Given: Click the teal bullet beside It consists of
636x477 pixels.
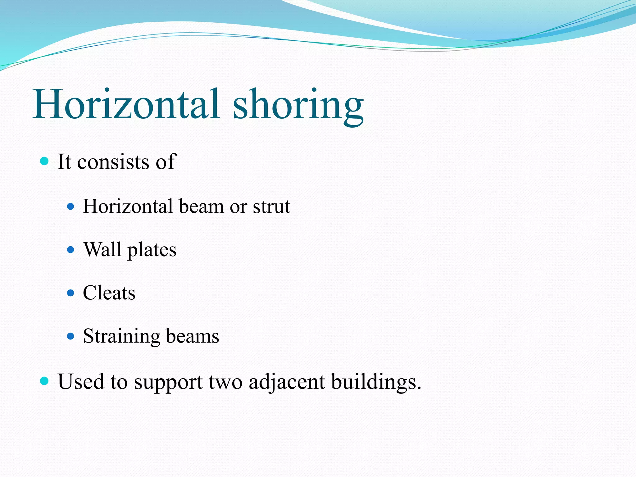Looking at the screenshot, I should (45, 161).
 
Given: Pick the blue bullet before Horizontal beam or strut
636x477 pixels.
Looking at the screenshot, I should (71, 207).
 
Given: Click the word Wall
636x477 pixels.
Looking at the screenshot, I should (102, 249).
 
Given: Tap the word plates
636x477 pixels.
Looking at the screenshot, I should (152, 250).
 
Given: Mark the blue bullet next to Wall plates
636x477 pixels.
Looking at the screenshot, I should (71, 249).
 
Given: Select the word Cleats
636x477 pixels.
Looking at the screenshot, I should (109, 293).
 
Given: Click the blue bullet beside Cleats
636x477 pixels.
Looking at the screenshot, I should (71, 293).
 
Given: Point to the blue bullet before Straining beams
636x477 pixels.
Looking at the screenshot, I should (71, 336).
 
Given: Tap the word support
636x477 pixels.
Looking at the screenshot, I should (168, 383).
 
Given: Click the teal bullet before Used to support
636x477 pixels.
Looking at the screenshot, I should (45, 381).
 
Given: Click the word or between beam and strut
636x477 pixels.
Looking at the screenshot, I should (238, 207).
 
